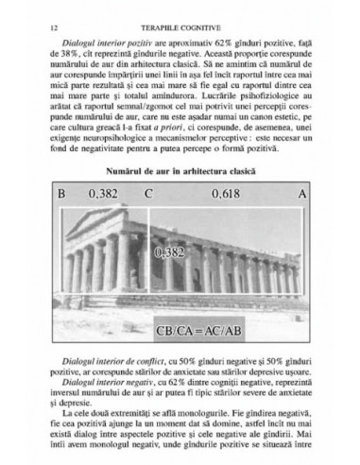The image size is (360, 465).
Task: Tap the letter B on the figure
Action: [61, 195]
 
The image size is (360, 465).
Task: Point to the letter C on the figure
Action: [149, 195]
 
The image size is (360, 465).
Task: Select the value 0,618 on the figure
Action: [223, 195]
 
